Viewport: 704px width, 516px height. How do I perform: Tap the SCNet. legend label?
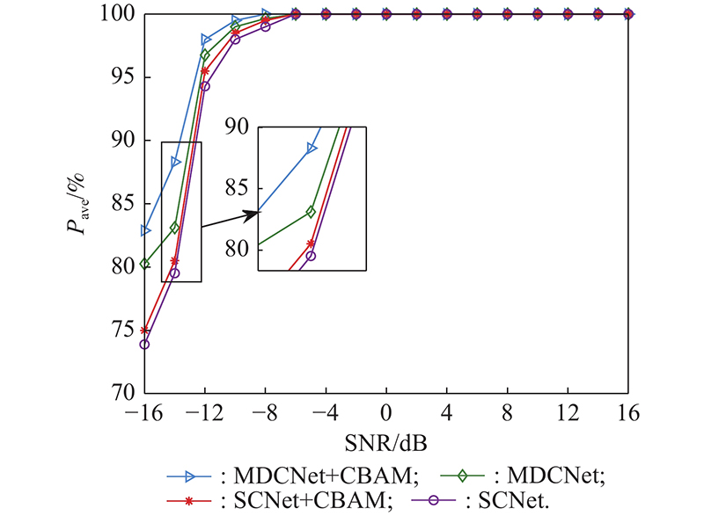pyautogui.click(x=528, y=499)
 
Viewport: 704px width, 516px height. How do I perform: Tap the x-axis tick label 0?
pyautogui.click(x=386, y=412)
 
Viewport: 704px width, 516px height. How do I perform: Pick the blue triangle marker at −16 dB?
pyautogui.click(x=145, y=230)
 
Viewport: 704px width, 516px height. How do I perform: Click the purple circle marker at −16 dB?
pyautogui.click(x=144, y=344)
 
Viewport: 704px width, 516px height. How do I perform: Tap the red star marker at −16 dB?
pyautogui.click(x=144, y=331)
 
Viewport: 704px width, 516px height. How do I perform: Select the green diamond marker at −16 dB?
pyautogui.click(x=145, y=264)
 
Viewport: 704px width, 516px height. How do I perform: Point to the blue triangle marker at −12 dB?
pyautogui.click(x=206, y=40)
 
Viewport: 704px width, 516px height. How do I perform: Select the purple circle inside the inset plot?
pyautogui.click(x=311, y=256)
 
